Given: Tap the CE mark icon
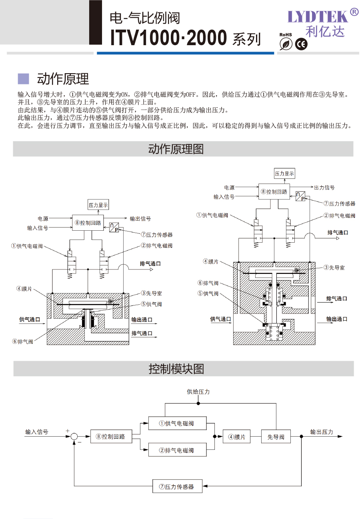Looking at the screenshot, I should (301, 45).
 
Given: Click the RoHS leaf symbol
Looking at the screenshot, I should (286, 45).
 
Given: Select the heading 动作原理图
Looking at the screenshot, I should (176, 149).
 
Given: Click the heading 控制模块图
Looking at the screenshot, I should (176, 369).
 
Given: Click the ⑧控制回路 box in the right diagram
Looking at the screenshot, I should (274, 192).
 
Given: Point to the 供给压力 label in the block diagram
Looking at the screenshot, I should (198, 392).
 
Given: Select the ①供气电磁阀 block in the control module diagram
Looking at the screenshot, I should (177, 423).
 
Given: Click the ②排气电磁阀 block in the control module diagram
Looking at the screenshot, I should (177, 450).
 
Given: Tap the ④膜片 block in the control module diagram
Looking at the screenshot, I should (237, 437).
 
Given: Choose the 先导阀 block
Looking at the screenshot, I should (276, 437).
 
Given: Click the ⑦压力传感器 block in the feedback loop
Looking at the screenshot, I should (177, 487).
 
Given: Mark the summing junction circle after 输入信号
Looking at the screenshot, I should (74, 437).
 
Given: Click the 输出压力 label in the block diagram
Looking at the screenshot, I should (322, 432).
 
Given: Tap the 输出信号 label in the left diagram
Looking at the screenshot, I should (140, 219).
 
